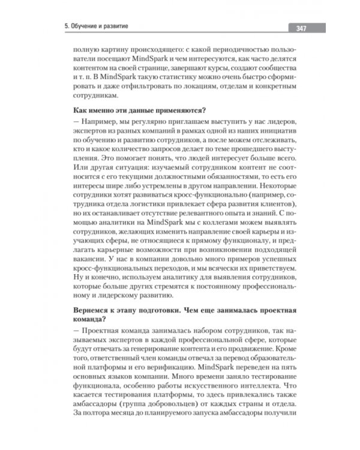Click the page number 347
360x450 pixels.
(298, 28)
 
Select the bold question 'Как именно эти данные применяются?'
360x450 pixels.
(139, 110)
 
